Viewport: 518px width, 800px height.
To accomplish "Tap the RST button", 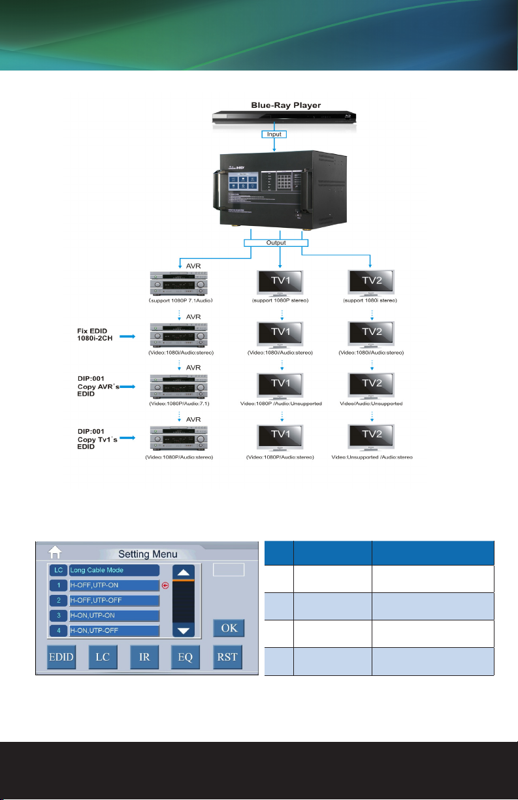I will [227, 656].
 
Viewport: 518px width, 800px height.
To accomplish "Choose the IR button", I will [145, 656].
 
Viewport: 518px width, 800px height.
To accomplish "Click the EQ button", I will [186, 656].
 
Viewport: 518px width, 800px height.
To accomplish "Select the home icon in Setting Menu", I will [56, 553].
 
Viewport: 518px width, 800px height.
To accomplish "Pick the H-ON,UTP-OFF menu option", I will [114, 631].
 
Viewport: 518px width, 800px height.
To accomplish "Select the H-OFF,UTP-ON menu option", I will [114, 585].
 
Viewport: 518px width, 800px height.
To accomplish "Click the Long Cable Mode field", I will [114, 570].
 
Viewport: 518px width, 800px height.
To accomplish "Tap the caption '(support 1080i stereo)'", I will [370, 301].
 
